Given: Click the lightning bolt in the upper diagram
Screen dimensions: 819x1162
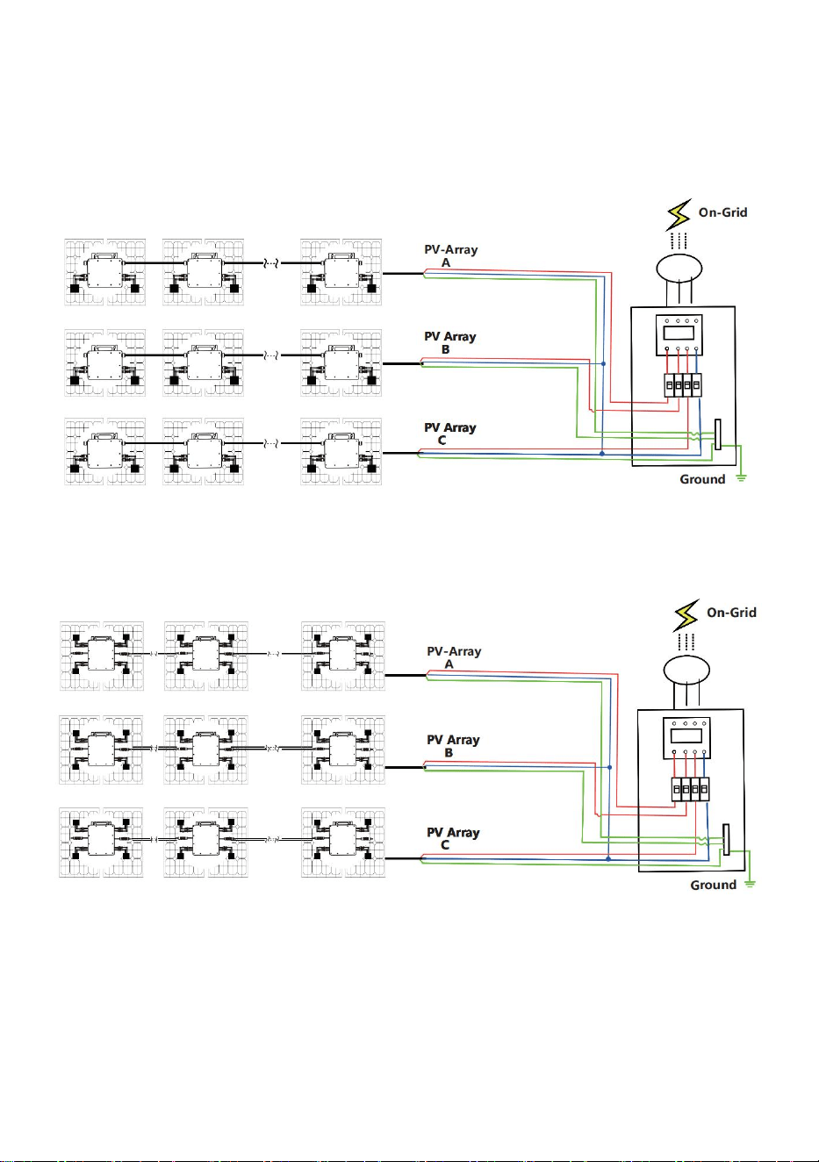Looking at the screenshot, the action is click(679, 214).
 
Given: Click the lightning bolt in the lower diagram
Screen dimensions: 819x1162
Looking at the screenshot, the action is click(686, 615).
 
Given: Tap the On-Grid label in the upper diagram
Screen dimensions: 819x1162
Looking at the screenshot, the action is click(723, 212).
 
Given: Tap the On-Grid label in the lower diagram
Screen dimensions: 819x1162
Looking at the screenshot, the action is click(731, 612).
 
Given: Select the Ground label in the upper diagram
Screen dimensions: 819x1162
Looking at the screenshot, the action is click(702, 479).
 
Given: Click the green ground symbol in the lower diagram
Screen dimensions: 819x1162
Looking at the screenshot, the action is click(750, 884).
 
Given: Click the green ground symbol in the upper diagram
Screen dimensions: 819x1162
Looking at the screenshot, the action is click(741, 477).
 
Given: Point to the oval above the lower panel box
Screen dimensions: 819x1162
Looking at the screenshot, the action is click(686, 670).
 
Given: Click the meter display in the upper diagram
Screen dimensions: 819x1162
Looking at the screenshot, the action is click(679, 332).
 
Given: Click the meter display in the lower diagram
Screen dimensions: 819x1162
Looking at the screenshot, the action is click(686, 735).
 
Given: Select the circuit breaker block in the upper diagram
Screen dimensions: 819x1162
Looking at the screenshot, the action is click(683, 385).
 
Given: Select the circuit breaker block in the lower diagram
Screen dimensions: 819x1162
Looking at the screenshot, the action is click(690, 789).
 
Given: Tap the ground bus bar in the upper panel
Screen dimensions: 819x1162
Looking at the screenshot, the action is click(718, 434).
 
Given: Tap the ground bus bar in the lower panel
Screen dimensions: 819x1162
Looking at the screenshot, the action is click(726, 839).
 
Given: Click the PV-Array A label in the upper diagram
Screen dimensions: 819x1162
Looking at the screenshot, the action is click(451, 256).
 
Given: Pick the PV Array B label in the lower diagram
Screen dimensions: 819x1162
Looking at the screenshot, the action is click(453, 746).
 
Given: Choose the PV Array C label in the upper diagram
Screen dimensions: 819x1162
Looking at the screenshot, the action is click(450, 434).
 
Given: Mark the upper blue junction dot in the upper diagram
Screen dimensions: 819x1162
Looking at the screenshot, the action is click(603, 363).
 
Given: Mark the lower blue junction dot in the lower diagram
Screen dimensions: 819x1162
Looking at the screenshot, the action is click(609, 858).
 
